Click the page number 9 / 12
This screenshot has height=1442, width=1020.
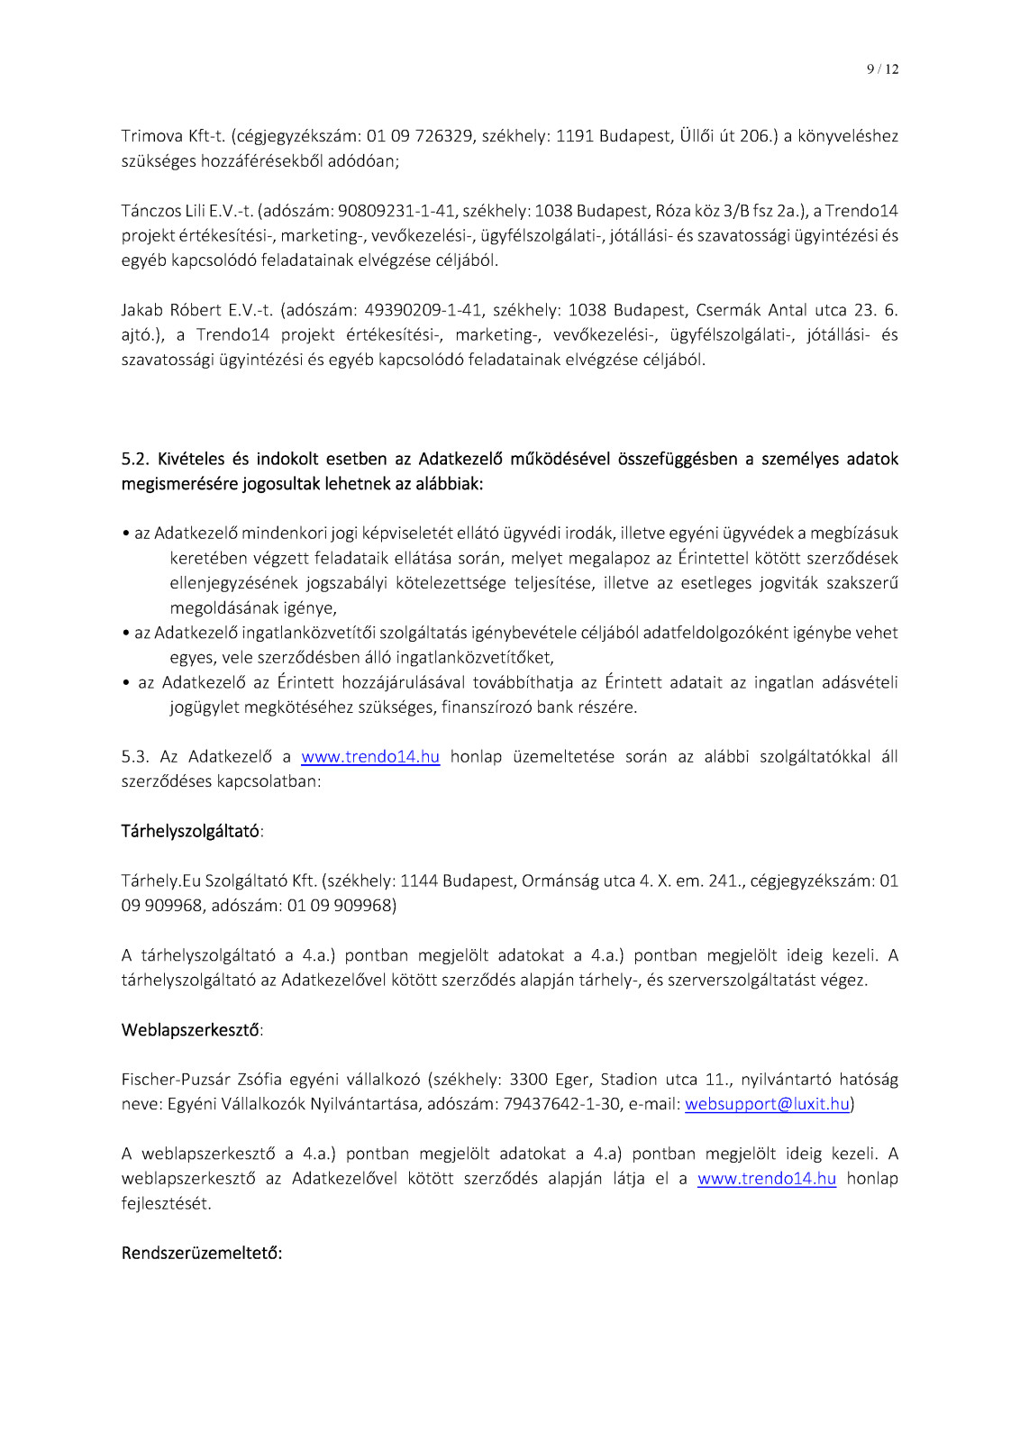click(x=882, y=69)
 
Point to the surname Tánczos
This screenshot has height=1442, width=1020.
click(x=150, y=211)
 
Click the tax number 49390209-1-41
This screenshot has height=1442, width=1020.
click(x=423, y=310)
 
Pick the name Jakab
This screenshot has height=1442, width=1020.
click(x=142, y=310)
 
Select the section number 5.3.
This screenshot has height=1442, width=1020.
click(x=136, y=757)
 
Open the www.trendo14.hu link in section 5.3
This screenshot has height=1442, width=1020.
click(x=370, y=757)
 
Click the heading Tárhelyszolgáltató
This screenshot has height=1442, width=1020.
click(x=190, y=831)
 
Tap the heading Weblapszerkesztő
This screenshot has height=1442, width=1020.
click(x=190, y=1030)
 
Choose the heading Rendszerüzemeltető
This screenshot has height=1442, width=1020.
click(x=201, y=1254)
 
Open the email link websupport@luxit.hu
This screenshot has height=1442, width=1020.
click(x=767, y=1104)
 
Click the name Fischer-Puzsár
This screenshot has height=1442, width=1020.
click(x=176, y=1080)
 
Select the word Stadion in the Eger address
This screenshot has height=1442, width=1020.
click(x=629, y=1080)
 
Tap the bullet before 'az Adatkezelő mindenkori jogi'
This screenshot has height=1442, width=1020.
click(x=126, y=534)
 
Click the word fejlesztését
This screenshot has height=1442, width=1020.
click(x=165, y=1204)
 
